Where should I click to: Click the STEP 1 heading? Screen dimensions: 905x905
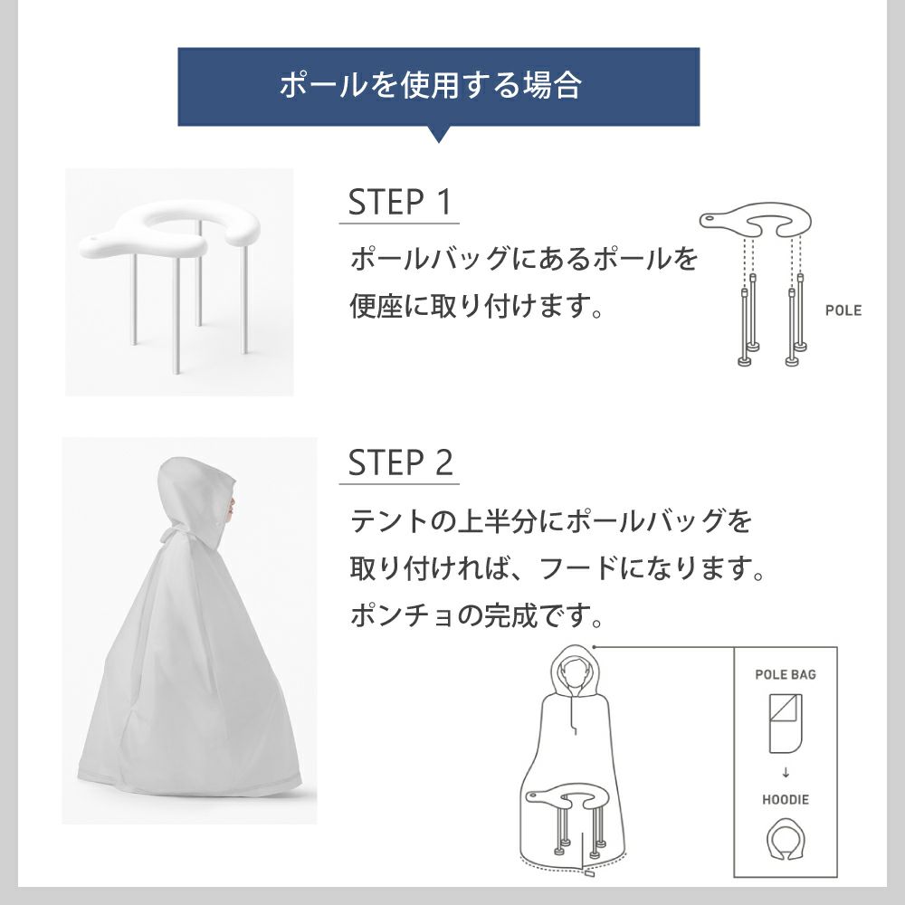click(399, 203)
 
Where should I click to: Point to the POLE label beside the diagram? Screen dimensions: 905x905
click(843, 310)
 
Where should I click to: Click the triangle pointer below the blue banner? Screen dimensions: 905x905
click(438, 134)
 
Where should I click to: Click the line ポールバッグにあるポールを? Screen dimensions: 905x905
click(524, 260)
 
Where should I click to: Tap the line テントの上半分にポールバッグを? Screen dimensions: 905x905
click(551, 522)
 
